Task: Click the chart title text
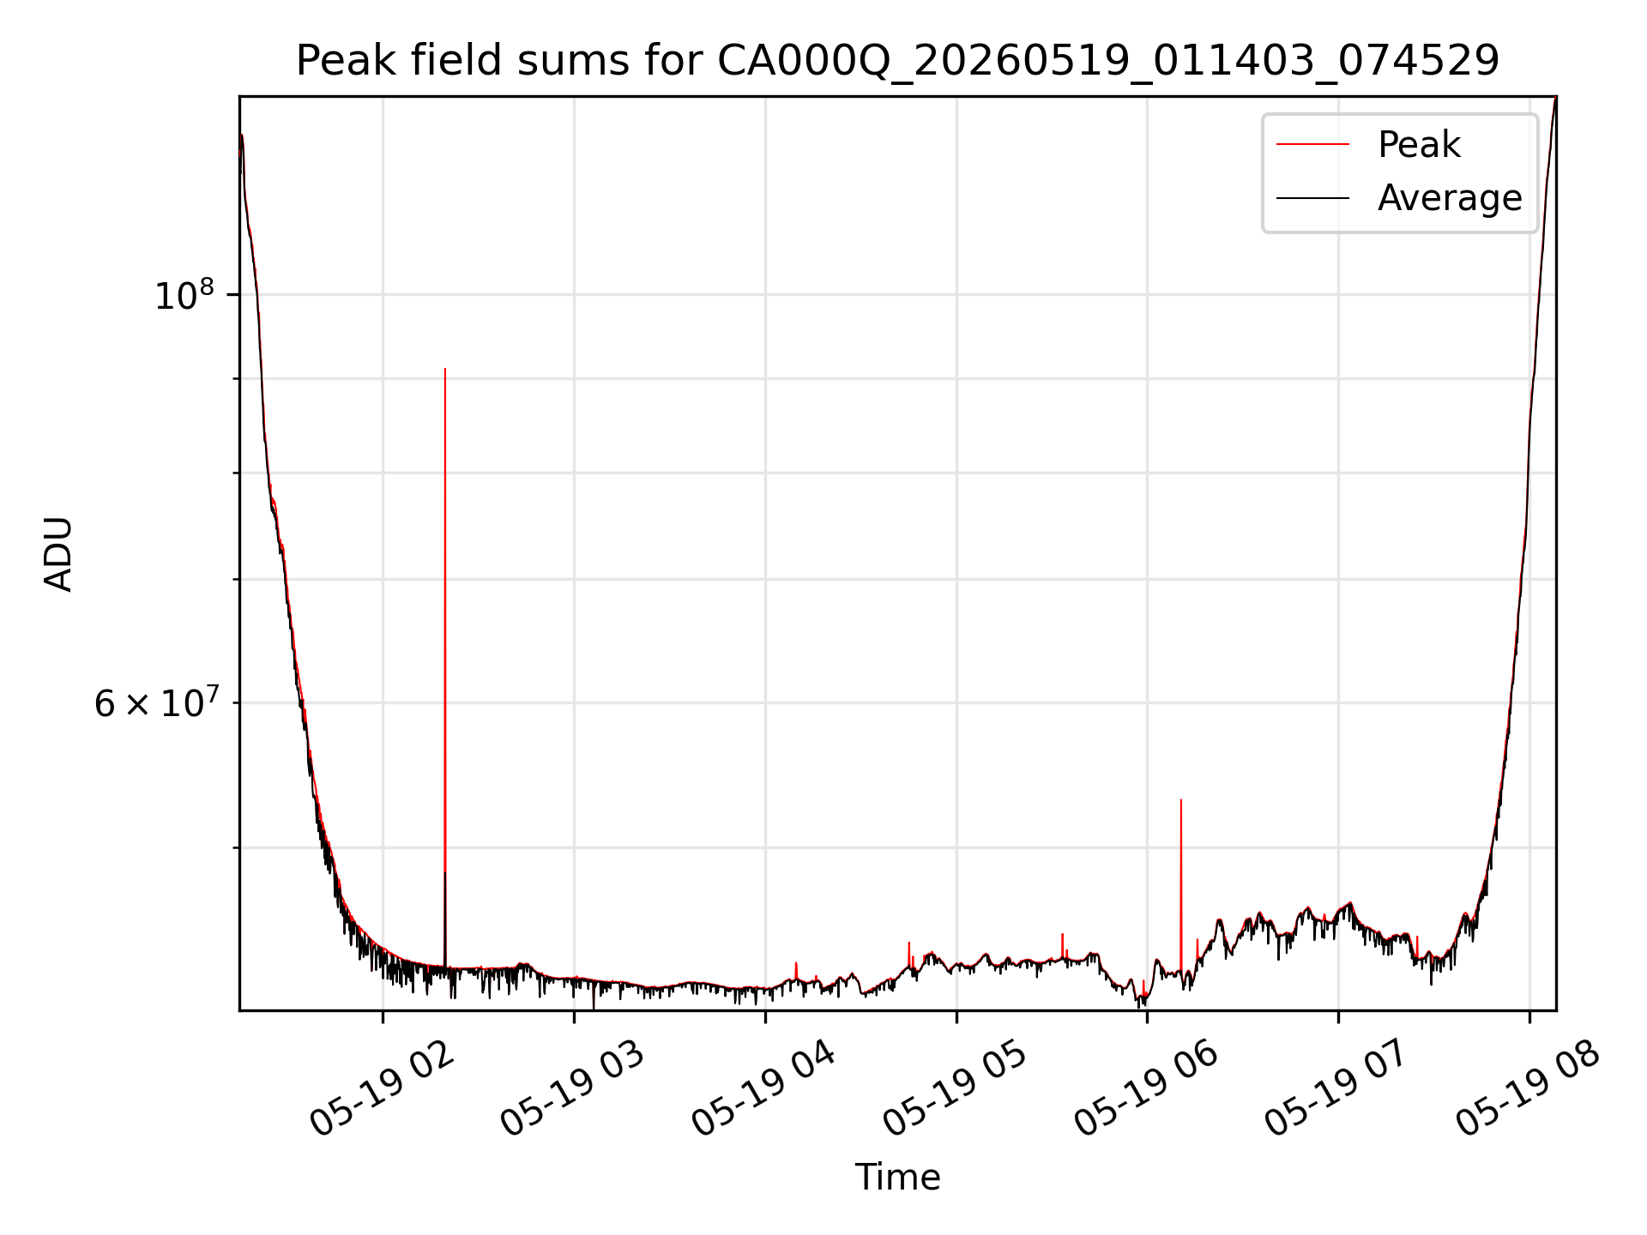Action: click(897, 62)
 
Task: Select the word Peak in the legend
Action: click(1419, 145)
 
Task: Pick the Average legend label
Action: click(1450, 198)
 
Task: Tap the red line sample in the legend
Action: click(1312, 145)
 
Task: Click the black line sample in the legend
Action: click(1312, 198)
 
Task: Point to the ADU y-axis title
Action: click(58, 554)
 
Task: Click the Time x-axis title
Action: click(897, 1178)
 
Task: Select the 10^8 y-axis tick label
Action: click(184, 294)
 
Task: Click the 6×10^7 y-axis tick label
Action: click(156, 702)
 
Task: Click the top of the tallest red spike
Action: click(444, 369)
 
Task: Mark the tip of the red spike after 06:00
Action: click(1181, 800)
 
